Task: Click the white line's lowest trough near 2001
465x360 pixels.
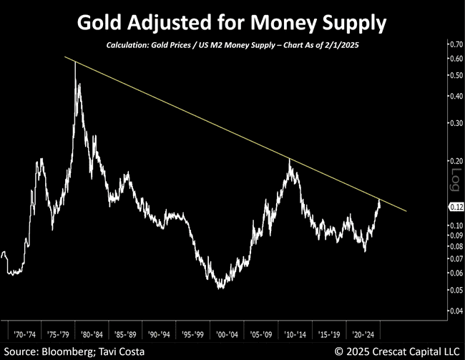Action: (221, 288)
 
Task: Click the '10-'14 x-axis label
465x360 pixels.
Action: (294, 334)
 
